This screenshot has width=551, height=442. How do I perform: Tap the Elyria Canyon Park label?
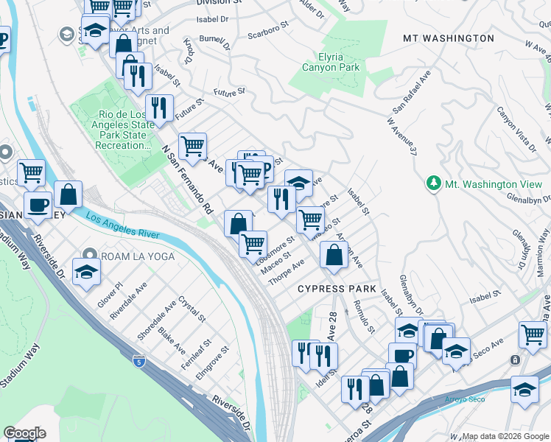[331, 61]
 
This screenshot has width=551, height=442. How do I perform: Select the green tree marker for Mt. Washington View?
[435, 183]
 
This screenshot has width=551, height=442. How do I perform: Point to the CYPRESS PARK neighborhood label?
[337, 289]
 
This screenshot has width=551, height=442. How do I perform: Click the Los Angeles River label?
[122, 224]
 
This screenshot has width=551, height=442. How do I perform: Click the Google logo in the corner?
[24, 432]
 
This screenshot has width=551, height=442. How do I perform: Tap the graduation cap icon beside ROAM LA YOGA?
[87, 271]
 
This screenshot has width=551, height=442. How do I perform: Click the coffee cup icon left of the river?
[38, 205]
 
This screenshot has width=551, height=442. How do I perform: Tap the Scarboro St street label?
[267, 34]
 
